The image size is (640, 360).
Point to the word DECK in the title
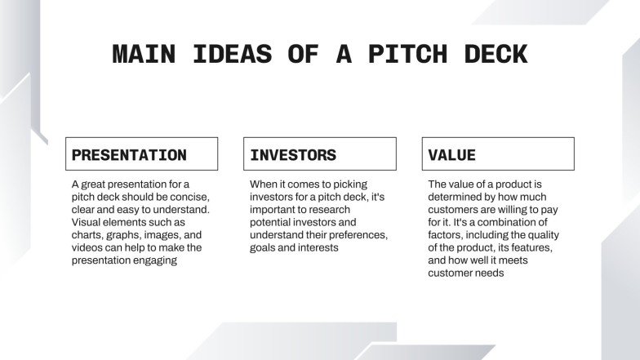493,55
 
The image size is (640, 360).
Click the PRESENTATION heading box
141,154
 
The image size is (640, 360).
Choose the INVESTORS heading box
319,154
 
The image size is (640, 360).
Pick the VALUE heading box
498,154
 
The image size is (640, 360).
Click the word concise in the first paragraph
190,197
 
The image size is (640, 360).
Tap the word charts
87,234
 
